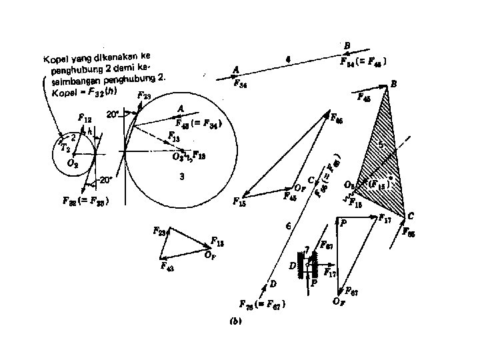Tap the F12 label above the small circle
[x=85, y=117]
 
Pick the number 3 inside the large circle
[x=181, y=177]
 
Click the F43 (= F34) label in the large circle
[x=198, y=123]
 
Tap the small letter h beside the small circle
[x=91, y=132]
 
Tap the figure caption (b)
[x=235, y=321]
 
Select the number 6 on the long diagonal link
[x=287, y=227]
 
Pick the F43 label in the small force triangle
[x=167, y=265]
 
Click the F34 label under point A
[x=241, y=83]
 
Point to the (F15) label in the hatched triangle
[x=379, y=182]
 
